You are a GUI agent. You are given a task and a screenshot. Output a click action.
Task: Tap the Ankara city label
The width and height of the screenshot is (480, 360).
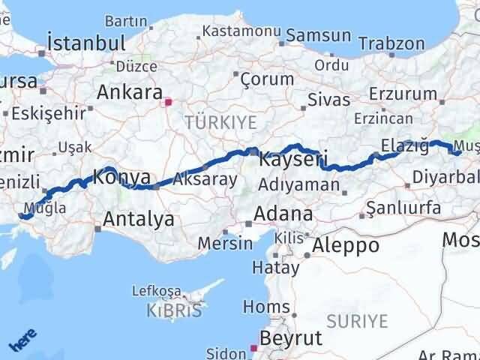point(130,94)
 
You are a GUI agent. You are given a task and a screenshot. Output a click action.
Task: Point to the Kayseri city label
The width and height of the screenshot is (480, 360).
point(292,160)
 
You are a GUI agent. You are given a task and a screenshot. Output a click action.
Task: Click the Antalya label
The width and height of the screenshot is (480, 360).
point(138,220)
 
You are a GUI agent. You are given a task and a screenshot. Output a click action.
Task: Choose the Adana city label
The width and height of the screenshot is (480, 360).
point(283,214)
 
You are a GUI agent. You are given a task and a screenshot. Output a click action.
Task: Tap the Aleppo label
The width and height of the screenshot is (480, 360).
point(346,245)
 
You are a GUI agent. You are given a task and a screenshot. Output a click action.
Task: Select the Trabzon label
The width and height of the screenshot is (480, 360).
point(390,43)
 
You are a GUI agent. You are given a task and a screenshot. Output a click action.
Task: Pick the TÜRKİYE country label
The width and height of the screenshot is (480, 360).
point(221,121)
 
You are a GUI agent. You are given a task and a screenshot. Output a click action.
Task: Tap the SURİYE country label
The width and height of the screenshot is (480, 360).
point(361,322)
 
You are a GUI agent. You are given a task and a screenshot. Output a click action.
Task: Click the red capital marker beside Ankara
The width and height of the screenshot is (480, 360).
point(169,102)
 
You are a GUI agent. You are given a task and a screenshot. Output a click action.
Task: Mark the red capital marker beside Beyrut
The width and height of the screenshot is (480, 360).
point(253,348)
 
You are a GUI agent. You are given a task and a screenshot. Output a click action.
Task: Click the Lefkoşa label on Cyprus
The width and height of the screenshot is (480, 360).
point(157,290)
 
